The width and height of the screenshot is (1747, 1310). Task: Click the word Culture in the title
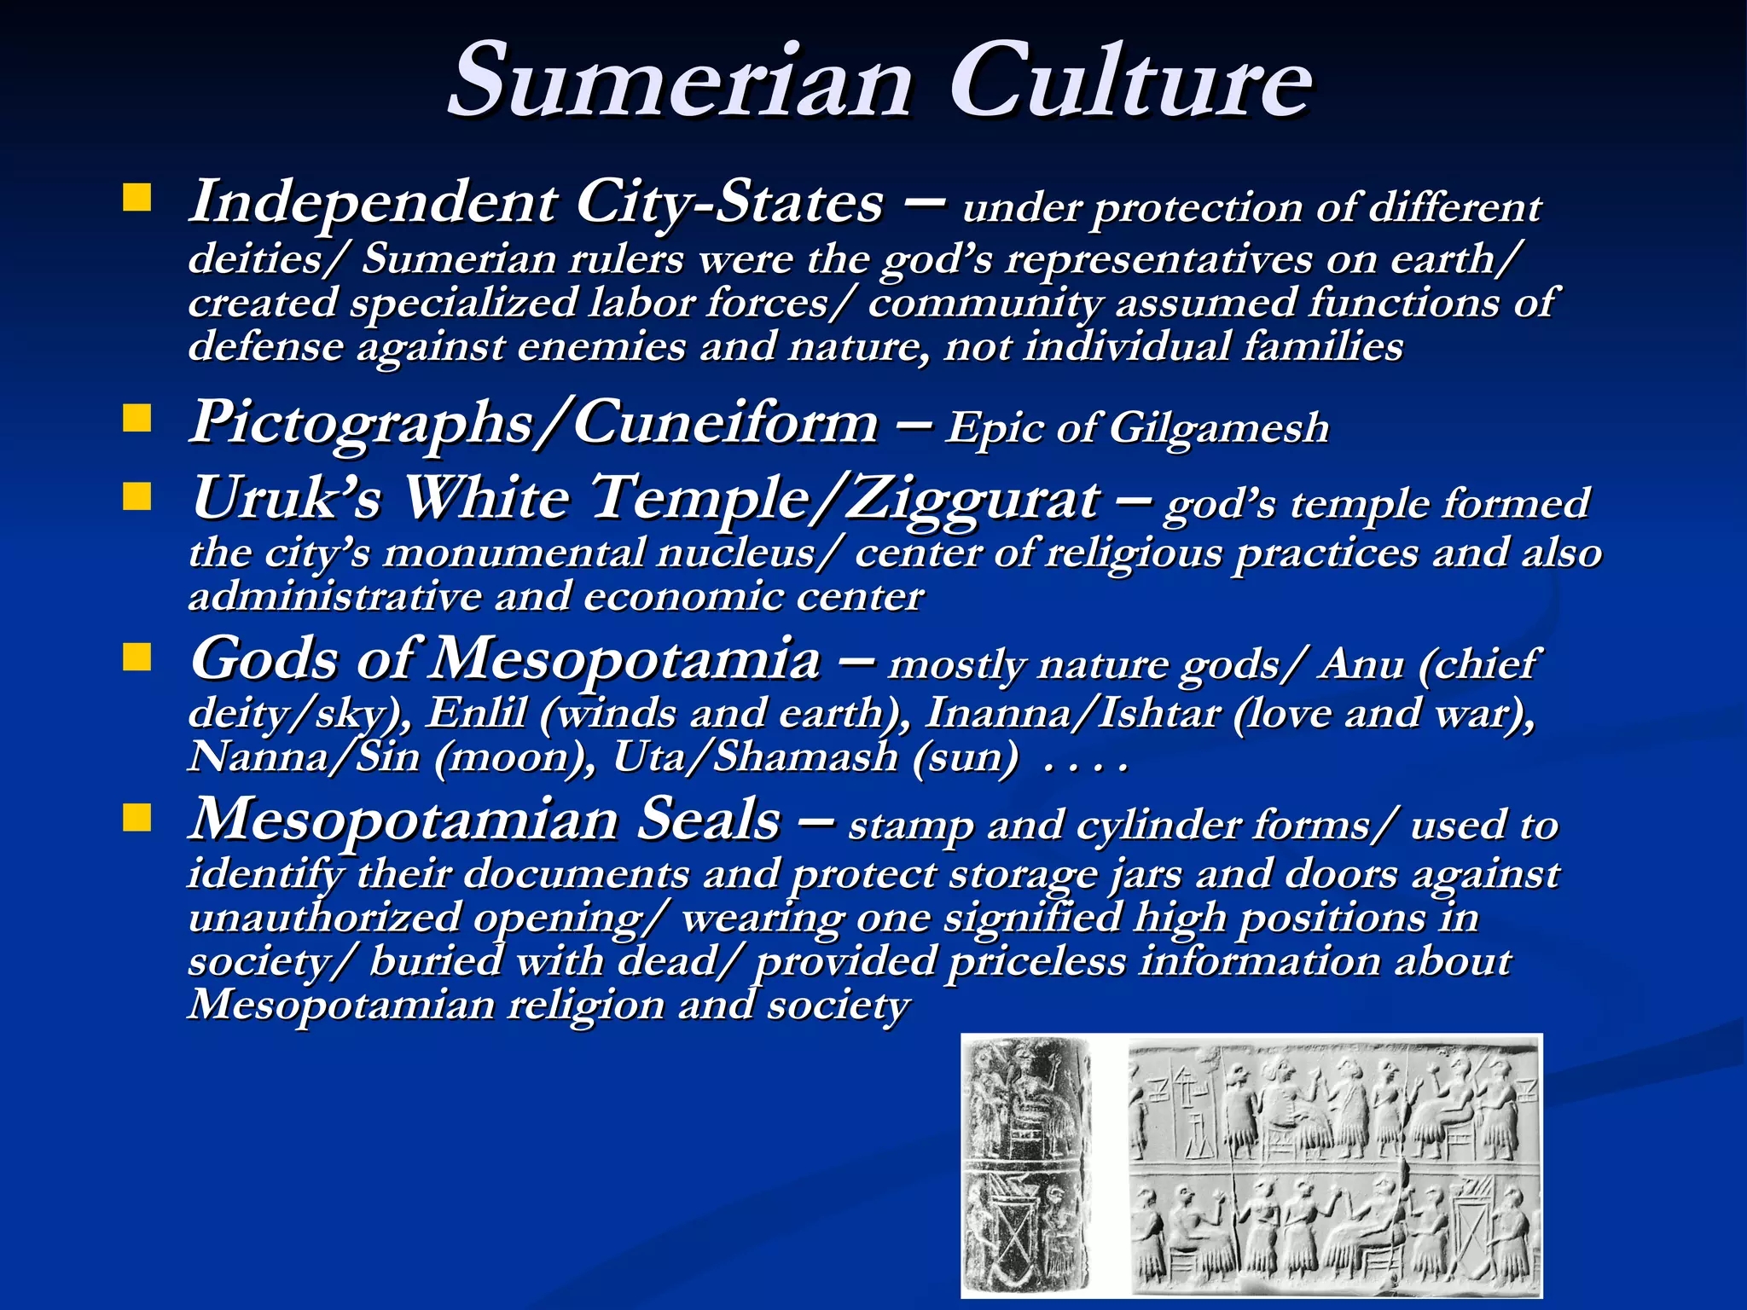click(x=1130, y=81)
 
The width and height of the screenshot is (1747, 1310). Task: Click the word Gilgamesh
click(x=1219, y=427)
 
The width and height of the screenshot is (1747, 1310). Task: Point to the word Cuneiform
click(x=725, y=421)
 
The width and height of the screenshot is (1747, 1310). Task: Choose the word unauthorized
click(x=324, y=918)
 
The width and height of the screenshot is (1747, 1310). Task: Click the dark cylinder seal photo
click(x=1027, y=1165)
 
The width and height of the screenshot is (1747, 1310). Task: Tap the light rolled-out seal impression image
click(x=1334, y=1165)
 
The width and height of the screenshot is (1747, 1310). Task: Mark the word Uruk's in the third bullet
click(x=286, y=498)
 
